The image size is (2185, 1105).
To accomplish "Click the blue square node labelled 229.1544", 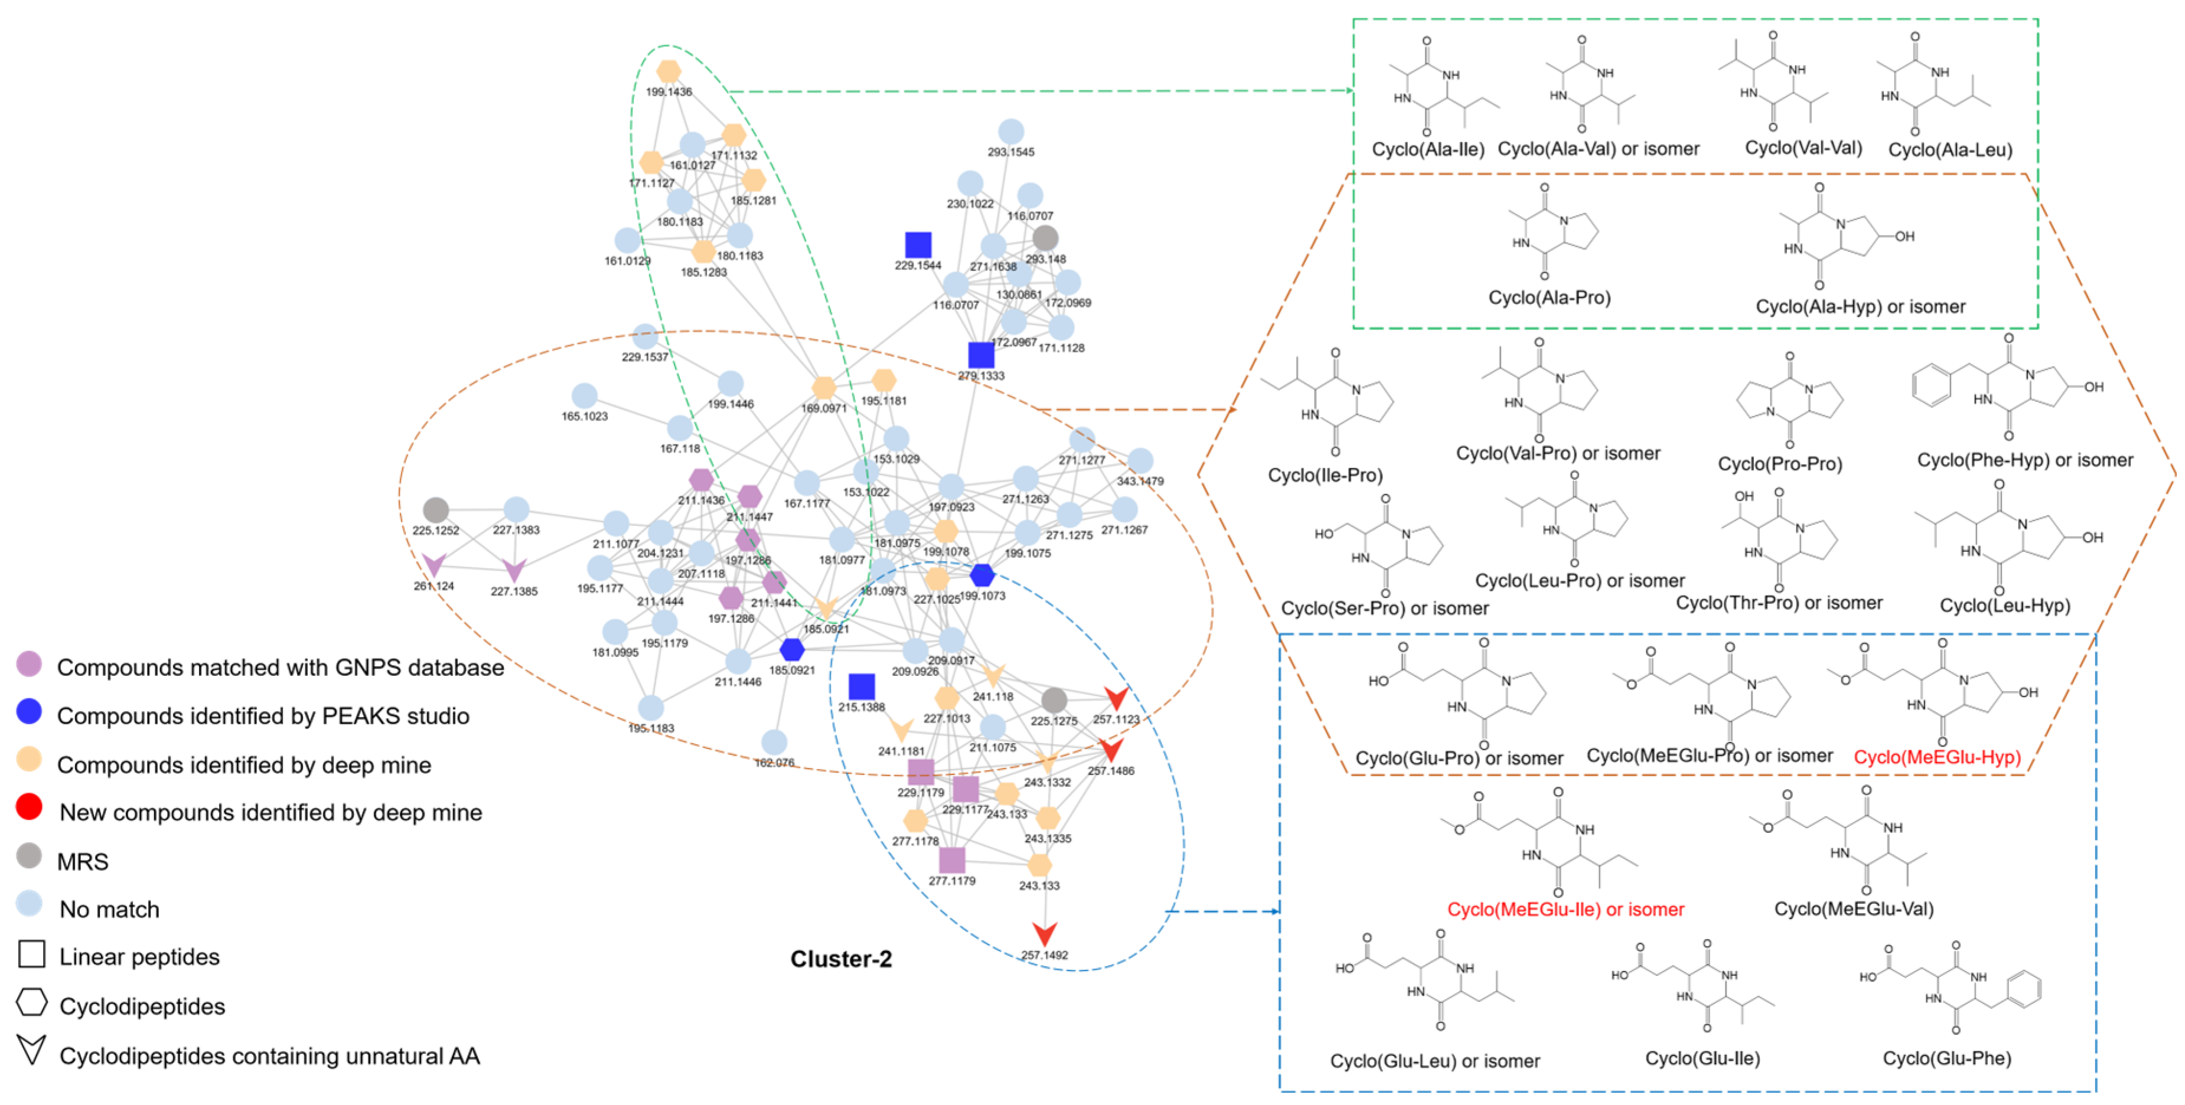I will [x=918, y=245].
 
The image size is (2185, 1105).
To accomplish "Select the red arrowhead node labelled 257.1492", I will [x=1044, y=934].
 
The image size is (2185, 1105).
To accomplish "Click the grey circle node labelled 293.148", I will [x=1045, y=238].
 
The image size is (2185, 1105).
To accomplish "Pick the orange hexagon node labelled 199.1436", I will [x=668, y=71].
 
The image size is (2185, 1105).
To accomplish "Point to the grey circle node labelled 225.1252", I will [x=435, y=509].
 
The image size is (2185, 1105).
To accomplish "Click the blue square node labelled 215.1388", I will [x=861, y=686].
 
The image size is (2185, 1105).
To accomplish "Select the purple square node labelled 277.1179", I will [x=952, y=860].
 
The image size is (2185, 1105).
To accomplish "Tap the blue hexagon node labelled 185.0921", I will [x=791, y=650].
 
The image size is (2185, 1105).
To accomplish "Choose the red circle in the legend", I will [x=29, y=806].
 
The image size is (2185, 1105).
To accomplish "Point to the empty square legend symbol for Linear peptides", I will [x=31, y=954].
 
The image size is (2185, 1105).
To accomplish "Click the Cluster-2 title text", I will [x=840, y=959].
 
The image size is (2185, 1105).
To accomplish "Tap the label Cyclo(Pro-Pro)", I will [x=1779, y=464].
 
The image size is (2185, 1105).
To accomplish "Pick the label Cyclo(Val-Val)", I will [x=1802, y=148].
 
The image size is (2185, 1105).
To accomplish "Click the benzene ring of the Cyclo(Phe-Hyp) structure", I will [x=1932, y=386].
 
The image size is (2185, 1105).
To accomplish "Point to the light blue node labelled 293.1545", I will [x=1010, y=132].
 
